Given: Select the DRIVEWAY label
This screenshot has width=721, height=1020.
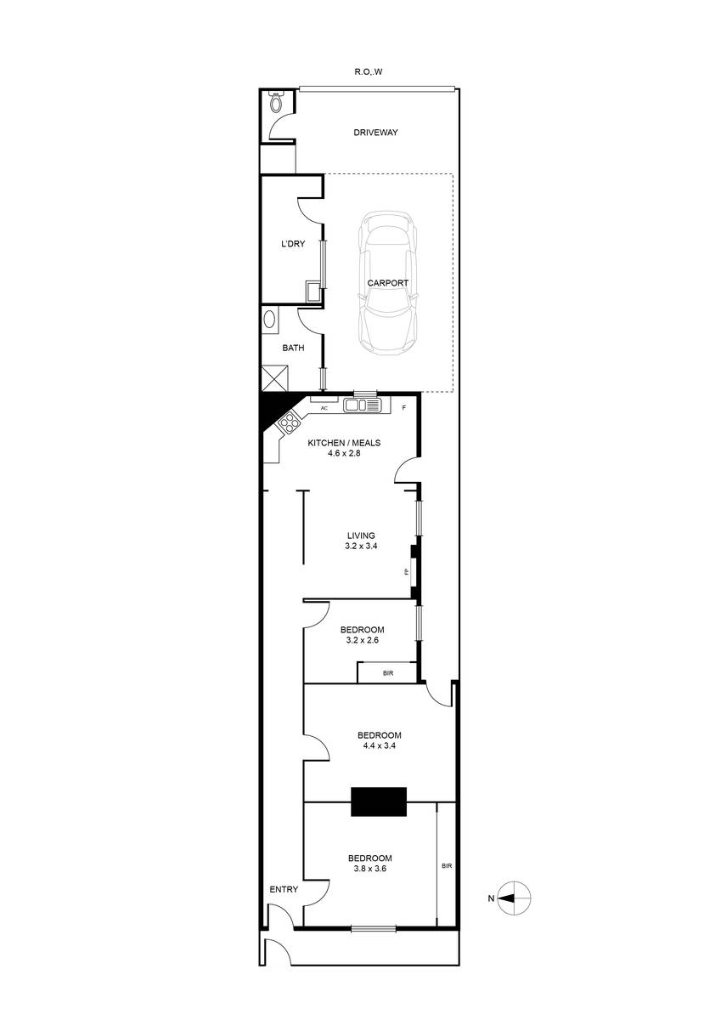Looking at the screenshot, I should [375, 133].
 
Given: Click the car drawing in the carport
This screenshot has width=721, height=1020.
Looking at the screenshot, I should [388, 283].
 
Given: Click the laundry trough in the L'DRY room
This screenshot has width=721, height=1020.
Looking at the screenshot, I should [313, 292].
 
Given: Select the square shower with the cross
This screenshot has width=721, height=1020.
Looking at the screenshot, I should [275, 377].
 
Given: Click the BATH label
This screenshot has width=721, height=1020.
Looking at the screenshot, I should [294, 347].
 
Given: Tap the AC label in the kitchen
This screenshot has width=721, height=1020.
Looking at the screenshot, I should [324, 409].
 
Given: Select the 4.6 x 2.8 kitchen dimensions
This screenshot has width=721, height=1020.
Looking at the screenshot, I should [356, 454].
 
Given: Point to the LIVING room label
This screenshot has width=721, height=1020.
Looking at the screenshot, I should [360, 535].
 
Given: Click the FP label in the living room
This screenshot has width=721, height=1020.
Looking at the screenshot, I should [407, 572].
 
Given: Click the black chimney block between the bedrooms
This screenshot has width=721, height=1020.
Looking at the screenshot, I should [379, 801].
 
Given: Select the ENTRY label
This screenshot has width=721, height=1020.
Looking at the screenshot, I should [284, 889].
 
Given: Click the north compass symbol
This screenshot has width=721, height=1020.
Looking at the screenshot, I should [514, 898].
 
